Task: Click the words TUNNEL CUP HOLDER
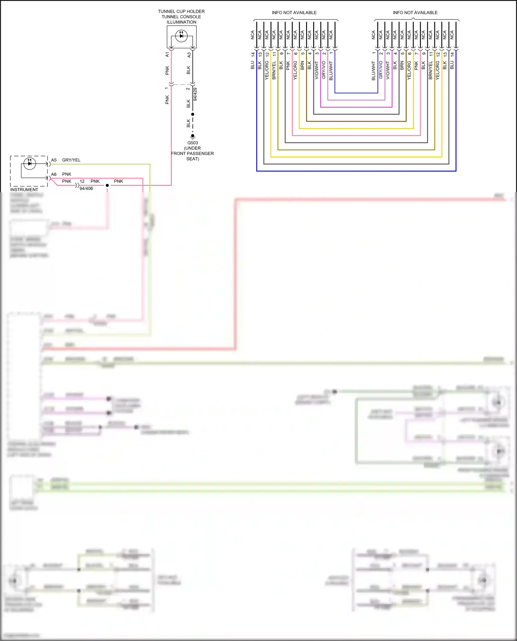[x=181, y=11]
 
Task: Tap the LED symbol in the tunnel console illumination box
[x=181, y=36]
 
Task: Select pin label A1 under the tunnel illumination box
[x=167, y=54]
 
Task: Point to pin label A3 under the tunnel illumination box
[x=189, y=54]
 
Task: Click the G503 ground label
[x=193, y=143]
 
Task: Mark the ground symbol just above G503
[x=193, y=136]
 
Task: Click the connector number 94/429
[x=195, y=94]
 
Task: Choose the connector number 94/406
[x=86, y=188]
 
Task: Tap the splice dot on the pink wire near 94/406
[x=107, y=185]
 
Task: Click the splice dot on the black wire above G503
[x=193, y=114]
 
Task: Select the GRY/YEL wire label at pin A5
[x=71, y=160]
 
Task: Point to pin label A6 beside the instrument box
[x=54, y=174]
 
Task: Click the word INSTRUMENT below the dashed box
[x=24, y=190]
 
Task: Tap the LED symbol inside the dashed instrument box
[x=30, y=163]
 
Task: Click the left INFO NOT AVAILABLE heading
[x=294, y=13]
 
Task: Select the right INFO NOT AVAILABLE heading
[x=415, y=13]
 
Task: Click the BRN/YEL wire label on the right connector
[x=430, y=71]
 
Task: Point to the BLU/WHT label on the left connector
[x=331, y=71]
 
